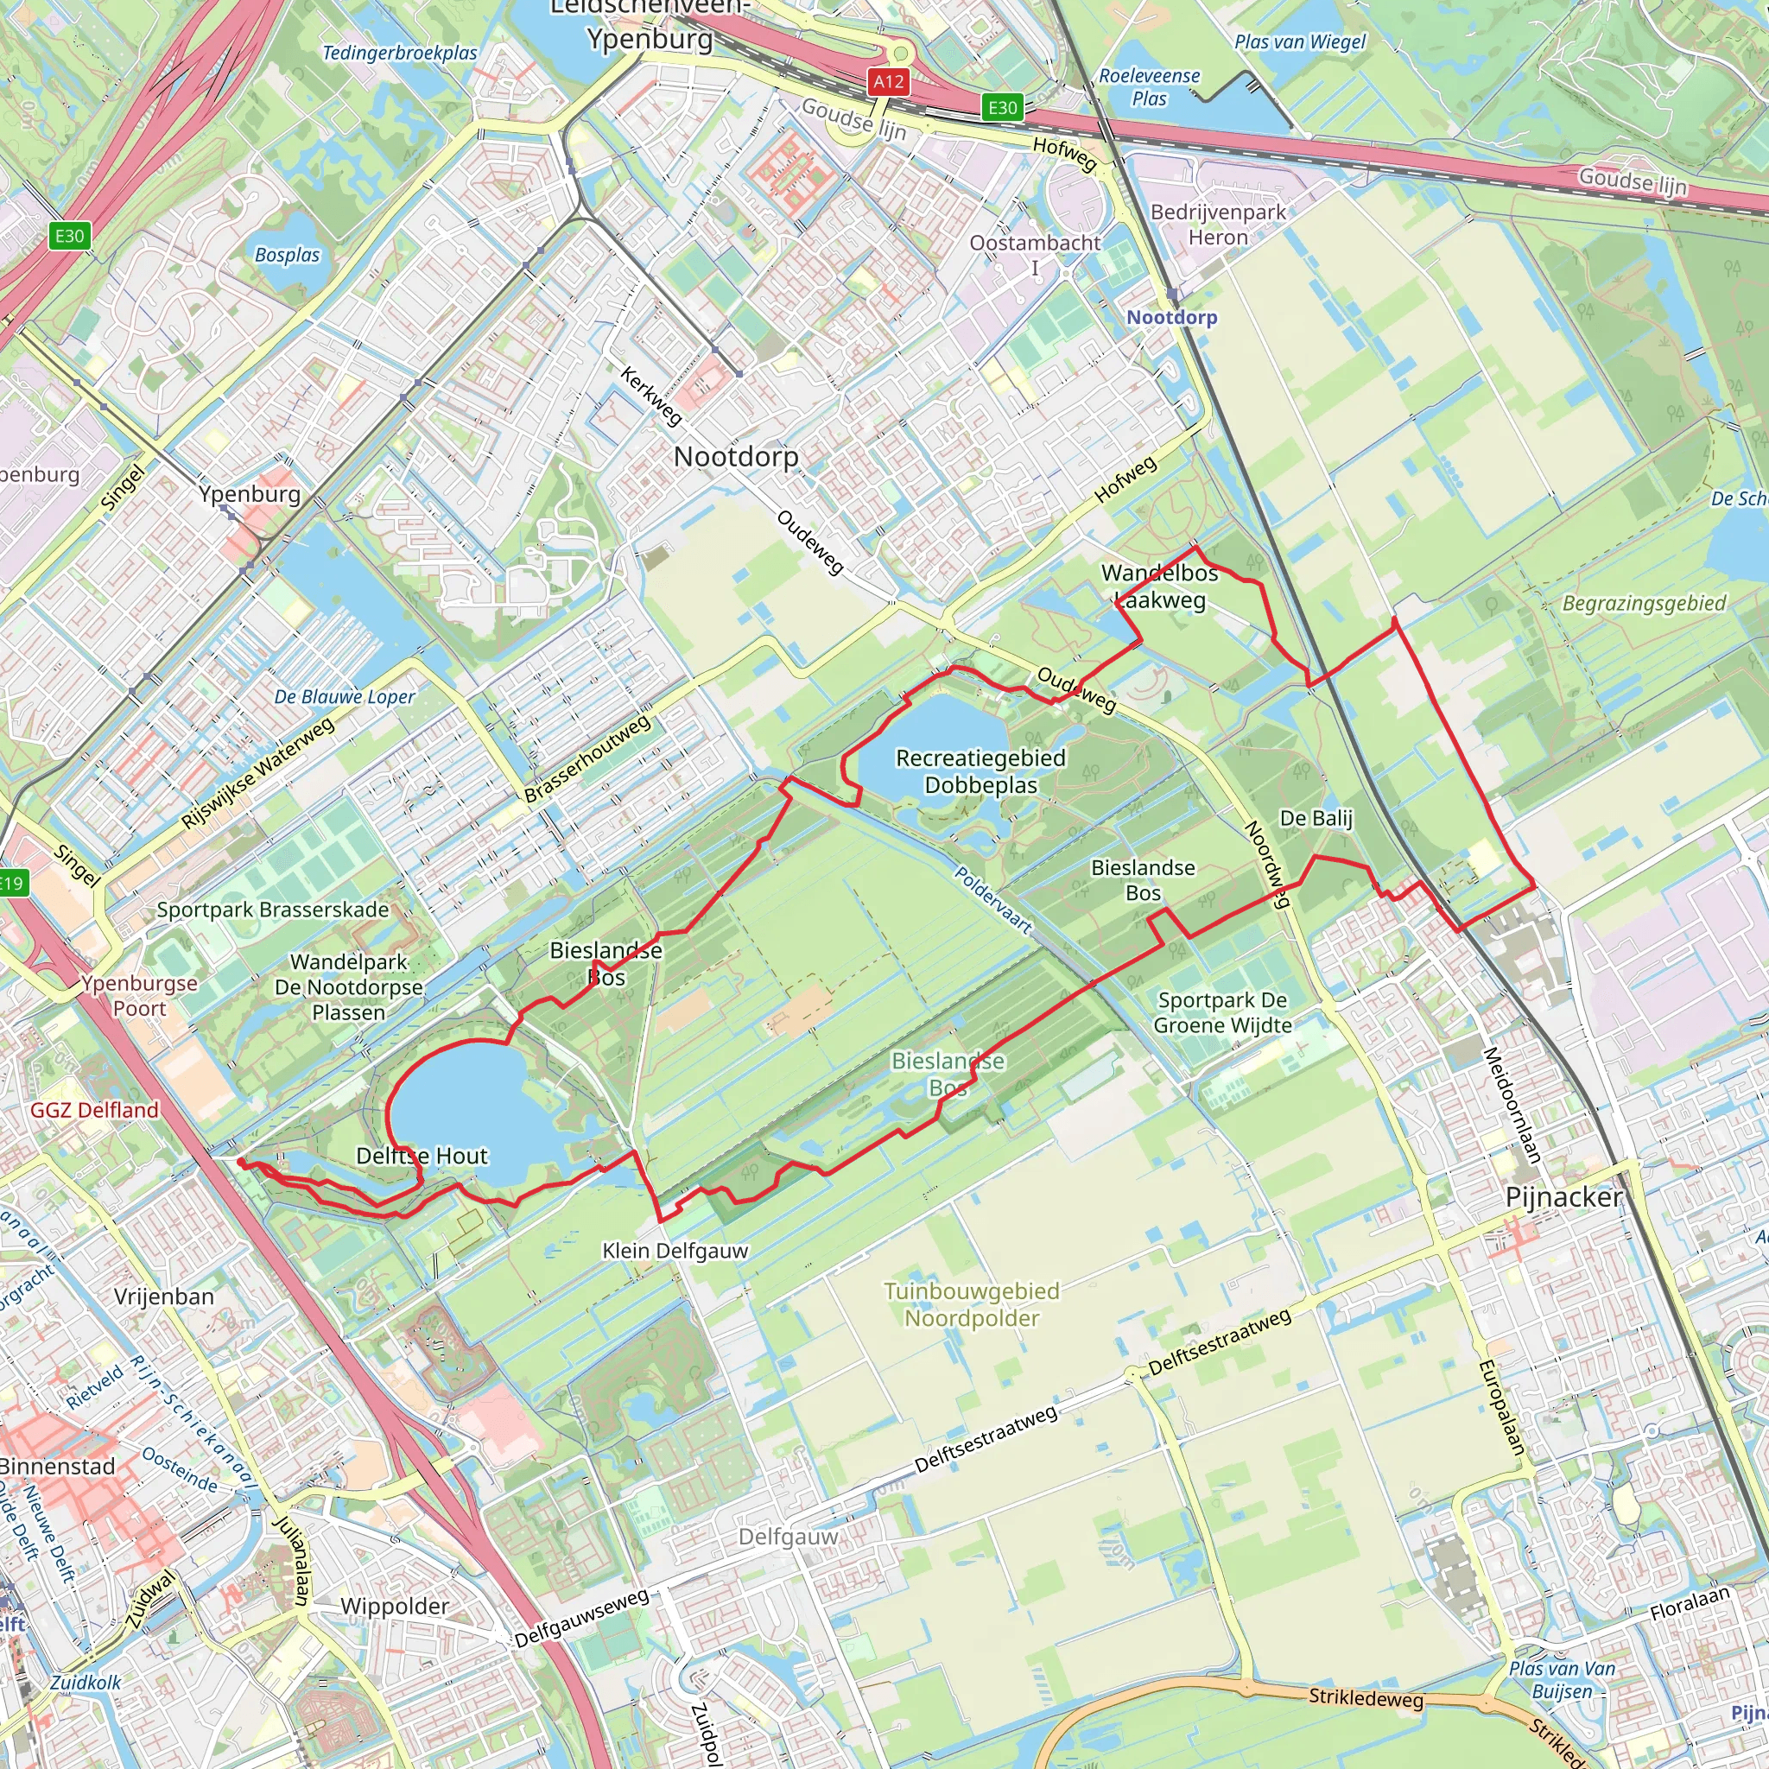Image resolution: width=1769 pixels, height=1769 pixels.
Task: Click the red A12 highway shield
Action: click(x=888, y=82)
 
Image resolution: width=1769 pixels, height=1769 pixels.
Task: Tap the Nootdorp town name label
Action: click(x=736, y=456)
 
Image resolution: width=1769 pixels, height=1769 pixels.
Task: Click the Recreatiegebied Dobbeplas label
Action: click(x=980, y=771)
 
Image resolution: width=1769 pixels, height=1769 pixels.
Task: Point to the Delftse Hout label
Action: click(x=422, y=1156)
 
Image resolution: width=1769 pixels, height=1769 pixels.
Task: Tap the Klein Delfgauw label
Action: click(x=675, y=1251)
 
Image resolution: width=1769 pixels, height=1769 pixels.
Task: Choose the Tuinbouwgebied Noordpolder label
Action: click(x=972, y=1305)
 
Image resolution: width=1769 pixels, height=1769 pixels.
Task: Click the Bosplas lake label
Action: click(x=288, y=255)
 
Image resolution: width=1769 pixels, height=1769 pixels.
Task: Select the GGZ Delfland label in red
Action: click(x=94, y=1111)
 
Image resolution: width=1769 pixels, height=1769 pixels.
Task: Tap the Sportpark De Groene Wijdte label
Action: click(x=1222, y=1012)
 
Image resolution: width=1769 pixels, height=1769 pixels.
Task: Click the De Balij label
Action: click(x=1316, y=818)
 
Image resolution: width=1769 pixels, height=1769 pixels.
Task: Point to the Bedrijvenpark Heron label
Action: click(x=1218, y=225)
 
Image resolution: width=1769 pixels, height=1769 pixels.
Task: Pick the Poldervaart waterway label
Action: click(x=993, y=900)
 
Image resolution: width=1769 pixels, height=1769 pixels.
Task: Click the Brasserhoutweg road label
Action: click(x=588, y=759)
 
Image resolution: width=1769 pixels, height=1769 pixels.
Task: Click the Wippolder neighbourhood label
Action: click(x=395, y=1606)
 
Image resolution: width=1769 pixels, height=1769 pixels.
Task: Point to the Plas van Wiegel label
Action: click(x=1299, y=42)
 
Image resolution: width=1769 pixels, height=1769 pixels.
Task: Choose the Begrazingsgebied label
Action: click(x=1644, y=604)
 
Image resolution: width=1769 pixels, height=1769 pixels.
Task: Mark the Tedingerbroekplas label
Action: click(x=400, y=53)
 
